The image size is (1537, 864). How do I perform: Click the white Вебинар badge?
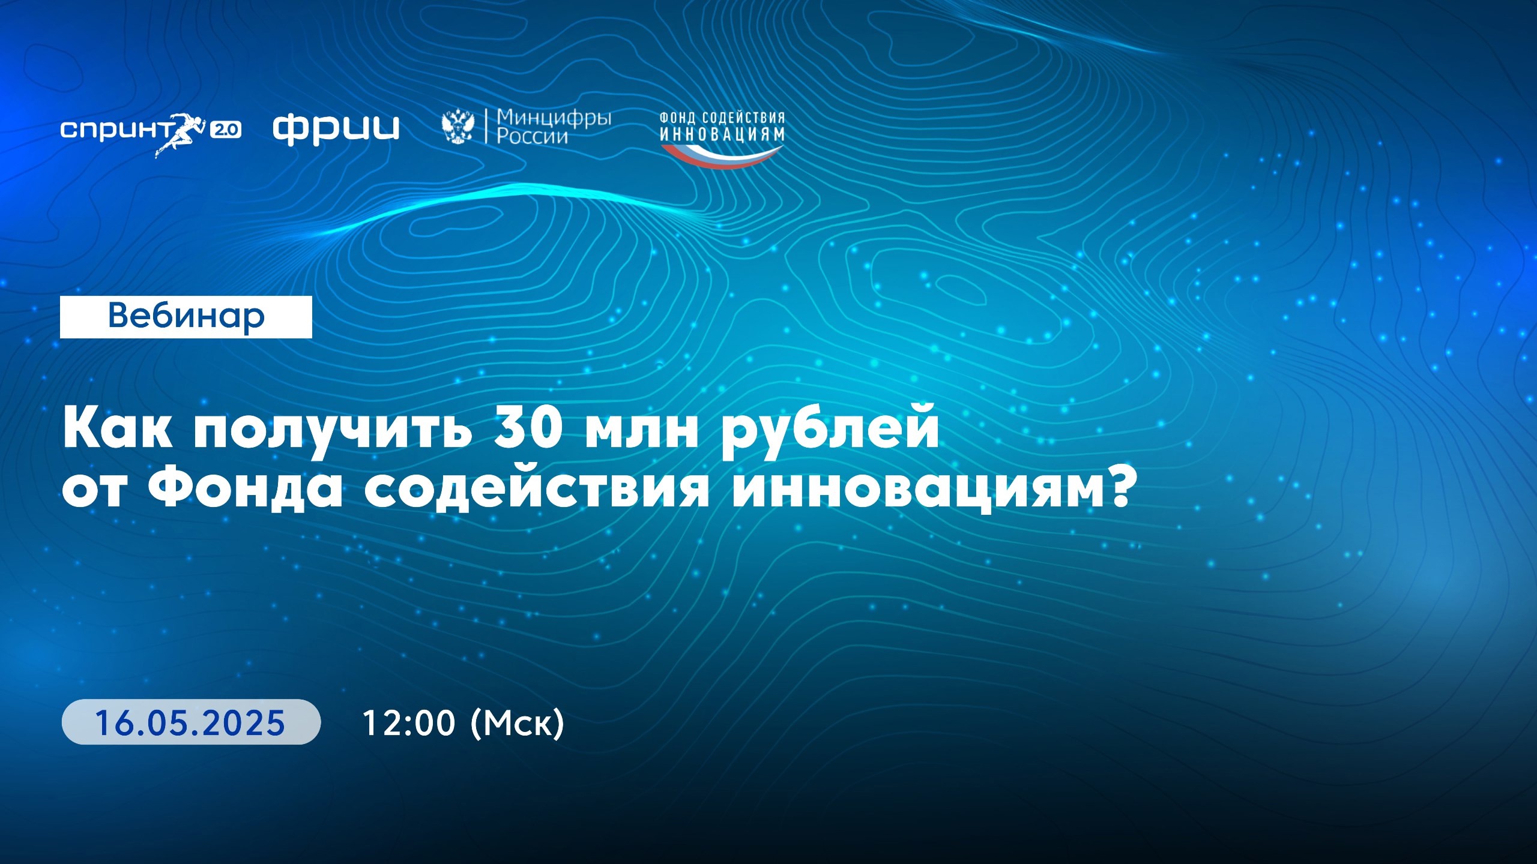click(x=186, y=317)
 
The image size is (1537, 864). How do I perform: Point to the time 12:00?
click(x=409, y=722)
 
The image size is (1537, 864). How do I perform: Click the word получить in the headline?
click(x=331, y=431)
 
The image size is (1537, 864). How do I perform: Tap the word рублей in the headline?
click(x=830, y=431)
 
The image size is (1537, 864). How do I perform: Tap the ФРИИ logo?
click(x=336, y=129)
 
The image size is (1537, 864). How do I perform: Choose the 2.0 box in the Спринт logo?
click(x=226, y=130)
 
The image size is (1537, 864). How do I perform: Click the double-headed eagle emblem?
click(x=457, y=127)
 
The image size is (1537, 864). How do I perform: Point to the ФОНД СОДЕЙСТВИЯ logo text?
click(x=722, y=118)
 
